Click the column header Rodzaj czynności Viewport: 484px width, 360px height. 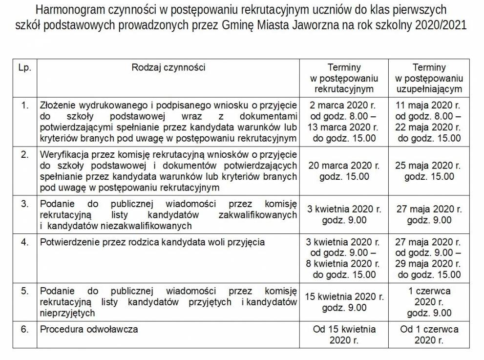[168, 67]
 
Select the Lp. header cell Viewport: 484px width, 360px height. [24, 67]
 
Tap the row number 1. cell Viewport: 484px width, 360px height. [24, 105]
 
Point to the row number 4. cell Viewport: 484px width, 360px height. [24, 242]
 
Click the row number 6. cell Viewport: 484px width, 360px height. [24, 329]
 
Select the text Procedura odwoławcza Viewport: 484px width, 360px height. [89, 329]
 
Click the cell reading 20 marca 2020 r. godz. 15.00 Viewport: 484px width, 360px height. [344, 170]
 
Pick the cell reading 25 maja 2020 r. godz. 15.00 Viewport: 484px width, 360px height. [429, 170]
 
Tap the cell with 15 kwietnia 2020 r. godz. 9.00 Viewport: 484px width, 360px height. [344, 302]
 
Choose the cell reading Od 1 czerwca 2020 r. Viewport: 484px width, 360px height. [429, 335]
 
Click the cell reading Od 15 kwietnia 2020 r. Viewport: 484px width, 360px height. [344, 335]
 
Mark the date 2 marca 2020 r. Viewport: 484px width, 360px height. [344, 105]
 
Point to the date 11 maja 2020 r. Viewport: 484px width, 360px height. [429, 105]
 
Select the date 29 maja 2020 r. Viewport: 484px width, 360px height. [429, 264]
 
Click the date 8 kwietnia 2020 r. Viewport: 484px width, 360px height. [344, 264]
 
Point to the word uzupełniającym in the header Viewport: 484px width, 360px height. [429, 89]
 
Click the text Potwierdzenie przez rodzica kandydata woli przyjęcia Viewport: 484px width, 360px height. [153, 242]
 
